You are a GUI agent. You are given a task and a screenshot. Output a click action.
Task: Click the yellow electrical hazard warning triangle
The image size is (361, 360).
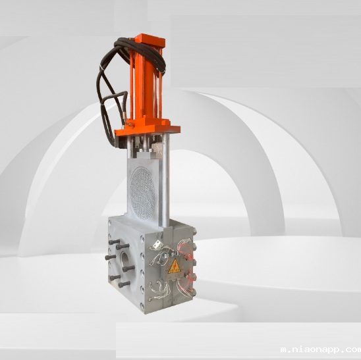[175, 267]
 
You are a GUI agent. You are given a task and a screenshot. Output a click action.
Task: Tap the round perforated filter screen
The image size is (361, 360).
[142, 193]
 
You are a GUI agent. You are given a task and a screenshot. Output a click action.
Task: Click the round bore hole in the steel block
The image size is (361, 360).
[125, 259]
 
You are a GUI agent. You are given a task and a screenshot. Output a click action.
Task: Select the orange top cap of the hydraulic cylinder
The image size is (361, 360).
[150, 41]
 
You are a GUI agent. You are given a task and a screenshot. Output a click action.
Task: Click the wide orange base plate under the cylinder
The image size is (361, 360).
[148, 130]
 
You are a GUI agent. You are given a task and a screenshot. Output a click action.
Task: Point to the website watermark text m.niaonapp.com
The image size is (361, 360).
[320, 349]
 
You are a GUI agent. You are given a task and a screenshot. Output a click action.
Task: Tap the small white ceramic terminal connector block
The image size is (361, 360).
[157, 244]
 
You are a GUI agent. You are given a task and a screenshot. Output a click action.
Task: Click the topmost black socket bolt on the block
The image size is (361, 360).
[114, 242]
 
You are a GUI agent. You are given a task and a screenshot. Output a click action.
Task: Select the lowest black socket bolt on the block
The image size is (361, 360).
[124, 284]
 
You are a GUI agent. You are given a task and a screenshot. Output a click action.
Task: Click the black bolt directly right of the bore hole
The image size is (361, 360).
[128, 269]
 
